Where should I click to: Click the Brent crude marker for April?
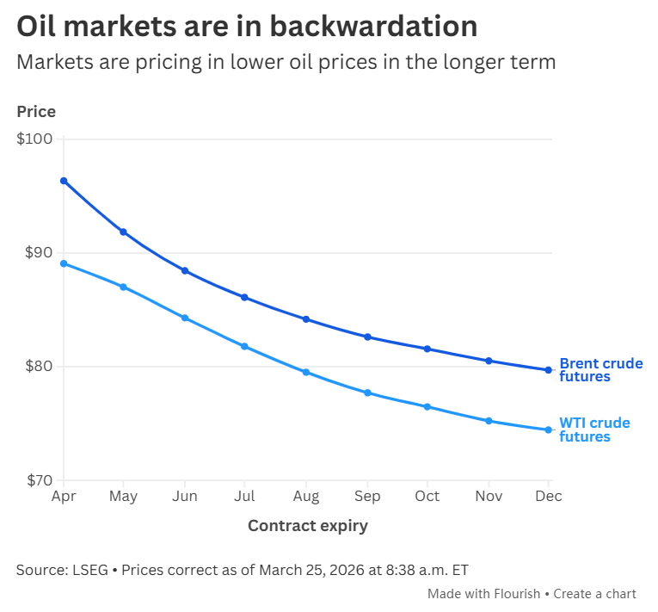[x=64, y=181]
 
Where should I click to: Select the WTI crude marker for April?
[x=64, y=263]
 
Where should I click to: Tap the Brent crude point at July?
[x=244, y=297]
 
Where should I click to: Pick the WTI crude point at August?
[x=305, y=372]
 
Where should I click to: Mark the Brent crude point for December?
[x=548, y=370]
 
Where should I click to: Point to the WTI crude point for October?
[x=427, y=406]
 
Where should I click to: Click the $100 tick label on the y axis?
[x=34, y=139]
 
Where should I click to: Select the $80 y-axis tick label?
[x=34, y=367]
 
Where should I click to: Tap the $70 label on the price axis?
[x=34, y=480]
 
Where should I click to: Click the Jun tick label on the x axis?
[x=184, y=497]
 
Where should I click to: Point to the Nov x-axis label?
[x=488, y=497]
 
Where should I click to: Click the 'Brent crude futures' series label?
[x=600, y=370]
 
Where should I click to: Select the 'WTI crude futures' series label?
[x=594, y=430]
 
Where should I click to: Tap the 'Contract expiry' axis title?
[x=307, y=526]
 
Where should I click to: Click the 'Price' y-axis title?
[x=36, y=112]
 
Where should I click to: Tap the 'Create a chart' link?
[x=594, y=594]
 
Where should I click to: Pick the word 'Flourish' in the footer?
[x=517, y=594]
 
